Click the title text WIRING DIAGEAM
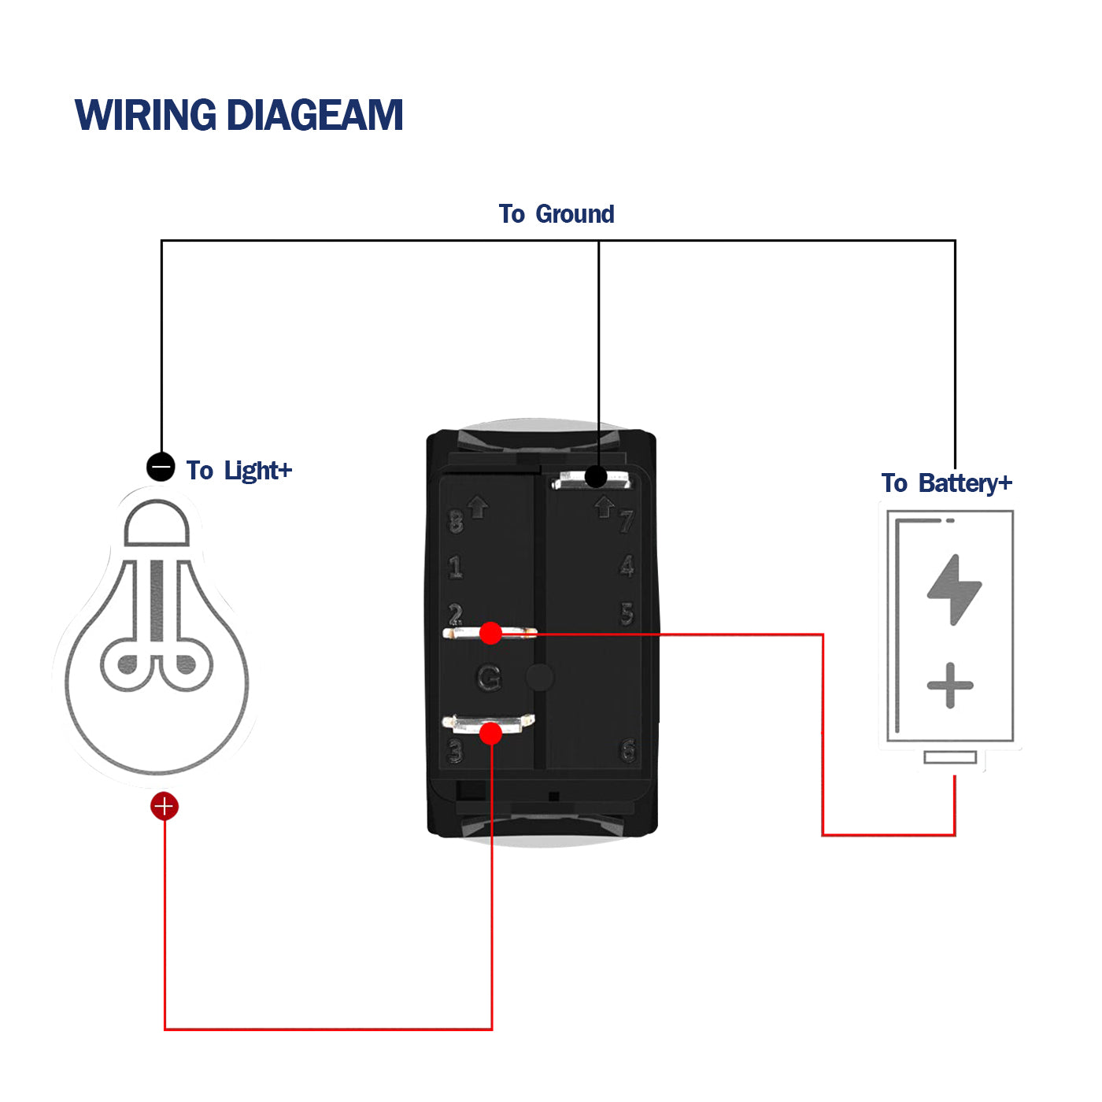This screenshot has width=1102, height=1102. click(x=239, y=115)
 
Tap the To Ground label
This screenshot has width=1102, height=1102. click(x=557, y=214)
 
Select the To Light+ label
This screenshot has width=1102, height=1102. click(x=239, y=471)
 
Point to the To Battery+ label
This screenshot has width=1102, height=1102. click(x=946, y=483)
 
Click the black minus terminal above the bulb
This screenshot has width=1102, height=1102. click(x=161, y=467)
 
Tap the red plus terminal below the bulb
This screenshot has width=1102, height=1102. click(x=165, y=806)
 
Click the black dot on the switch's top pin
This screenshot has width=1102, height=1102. click(x=596, y=476)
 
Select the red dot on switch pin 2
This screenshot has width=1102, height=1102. click(x=490, y=633)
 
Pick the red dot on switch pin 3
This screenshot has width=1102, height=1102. click(x=490, y=734)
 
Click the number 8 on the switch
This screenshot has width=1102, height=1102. click(x=456, y=522)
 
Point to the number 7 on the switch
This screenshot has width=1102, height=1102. click(x=627, y=521)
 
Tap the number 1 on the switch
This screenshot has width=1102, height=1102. click(x=456, y=567)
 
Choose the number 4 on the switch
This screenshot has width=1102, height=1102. click(x=627, y=566)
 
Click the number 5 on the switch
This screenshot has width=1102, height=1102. click(x=627, y=614)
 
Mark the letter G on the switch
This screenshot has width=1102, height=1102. click(x=489, y=678)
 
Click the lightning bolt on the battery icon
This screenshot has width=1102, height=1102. click(x=955, y=590)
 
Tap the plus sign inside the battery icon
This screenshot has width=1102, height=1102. click(x=950, y=685)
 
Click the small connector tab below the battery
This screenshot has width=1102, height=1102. click(x=950, y=757)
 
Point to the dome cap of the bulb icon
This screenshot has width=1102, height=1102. click(x=157, y=523)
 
